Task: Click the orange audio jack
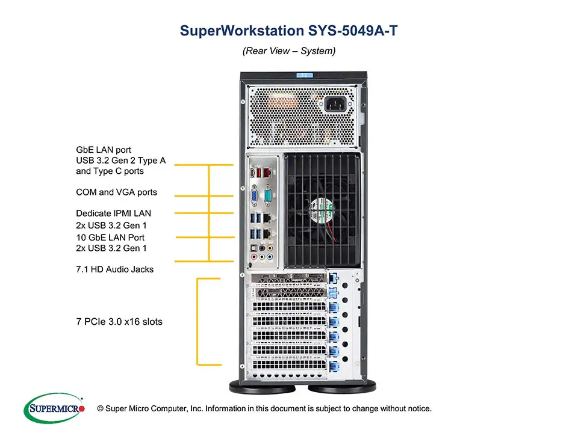tap(263, 247)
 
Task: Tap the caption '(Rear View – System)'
tap(289, 51)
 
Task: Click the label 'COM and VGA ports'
tap(116, 192)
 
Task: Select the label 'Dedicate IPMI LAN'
tap(113, 213)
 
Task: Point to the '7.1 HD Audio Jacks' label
tap(114, 269)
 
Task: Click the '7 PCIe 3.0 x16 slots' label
tap(119, 322)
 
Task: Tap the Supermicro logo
tap(54, 408)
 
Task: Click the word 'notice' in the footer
tap(418, 409)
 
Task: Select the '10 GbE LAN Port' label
tap(111, 237)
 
